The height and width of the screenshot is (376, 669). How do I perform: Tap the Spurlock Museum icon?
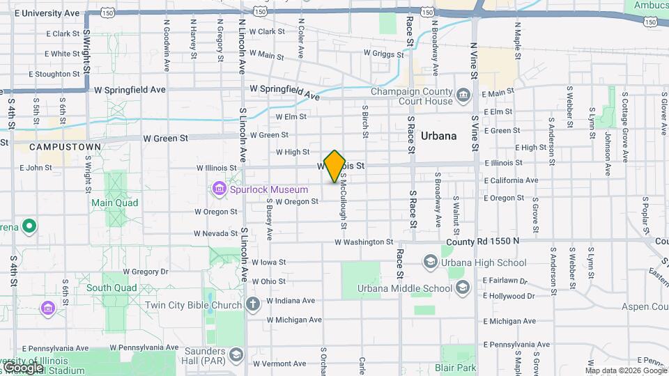[219, 189]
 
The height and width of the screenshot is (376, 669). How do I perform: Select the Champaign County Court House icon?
[463, 94]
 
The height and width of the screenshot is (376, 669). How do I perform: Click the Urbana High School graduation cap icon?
[430, 262]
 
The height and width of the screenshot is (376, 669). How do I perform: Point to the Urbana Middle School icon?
[462, 288]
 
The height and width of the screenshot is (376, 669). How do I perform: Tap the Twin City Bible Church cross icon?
[252, 304]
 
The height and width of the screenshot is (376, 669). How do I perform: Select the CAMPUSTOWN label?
[61, 148]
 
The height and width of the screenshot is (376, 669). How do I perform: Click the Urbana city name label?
[439, 136]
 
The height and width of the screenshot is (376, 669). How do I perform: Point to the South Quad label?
[107, 287]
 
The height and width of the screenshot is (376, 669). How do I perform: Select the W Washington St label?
[364, 242]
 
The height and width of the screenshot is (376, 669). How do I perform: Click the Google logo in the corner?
[23, 367]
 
